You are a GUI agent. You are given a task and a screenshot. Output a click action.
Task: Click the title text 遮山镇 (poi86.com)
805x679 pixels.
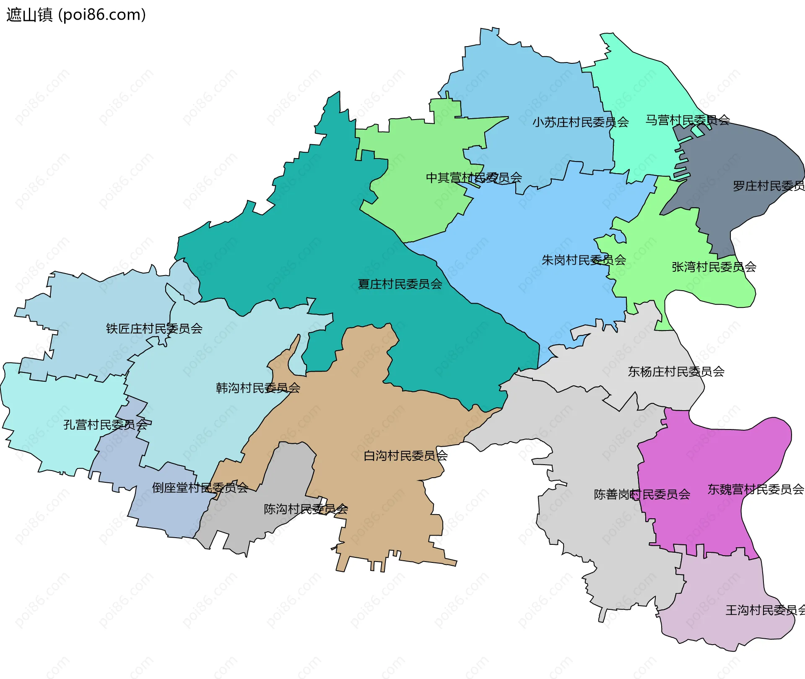[76, 15]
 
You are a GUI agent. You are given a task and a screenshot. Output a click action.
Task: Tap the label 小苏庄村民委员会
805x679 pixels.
[580, 122]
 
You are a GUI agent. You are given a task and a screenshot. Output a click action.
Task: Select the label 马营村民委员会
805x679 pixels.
[688, 120]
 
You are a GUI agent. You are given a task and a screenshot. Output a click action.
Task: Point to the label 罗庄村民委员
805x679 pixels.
[768, 186]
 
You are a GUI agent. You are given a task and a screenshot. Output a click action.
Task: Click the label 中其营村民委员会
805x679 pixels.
[474, 177]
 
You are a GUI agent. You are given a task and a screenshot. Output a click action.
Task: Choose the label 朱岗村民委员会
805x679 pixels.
[584, 260]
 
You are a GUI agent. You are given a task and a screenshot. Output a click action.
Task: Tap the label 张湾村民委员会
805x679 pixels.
[714, 267]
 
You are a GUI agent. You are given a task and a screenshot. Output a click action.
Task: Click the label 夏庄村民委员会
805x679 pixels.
[400, 284]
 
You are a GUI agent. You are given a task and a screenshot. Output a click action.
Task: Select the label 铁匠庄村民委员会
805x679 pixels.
[154, 328]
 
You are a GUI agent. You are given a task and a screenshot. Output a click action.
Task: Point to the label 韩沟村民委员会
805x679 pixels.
[258, 388]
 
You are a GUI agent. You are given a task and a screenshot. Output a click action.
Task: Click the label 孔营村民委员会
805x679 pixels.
[105, 424]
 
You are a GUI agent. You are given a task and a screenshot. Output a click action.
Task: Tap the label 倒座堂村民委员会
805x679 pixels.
[200, 487]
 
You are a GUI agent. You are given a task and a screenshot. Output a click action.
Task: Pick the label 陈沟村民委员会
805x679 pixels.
[306, 509]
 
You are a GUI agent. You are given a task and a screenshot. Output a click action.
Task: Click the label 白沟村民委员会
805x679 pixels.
[405, 455]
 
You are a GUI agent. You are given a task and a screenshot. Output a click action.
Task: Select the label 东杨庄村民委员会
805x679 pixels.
[676, 372]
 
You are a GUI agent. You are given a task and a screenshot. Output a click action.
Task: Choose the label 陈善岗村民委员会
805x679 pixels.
[642, 494]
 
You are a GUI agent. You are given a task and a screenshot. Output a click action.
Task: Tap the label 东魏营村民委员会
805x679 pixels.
[756, 489]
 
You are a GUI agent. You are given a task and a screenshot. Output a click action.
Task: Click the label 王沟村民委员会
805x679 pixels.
[765, 610]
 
